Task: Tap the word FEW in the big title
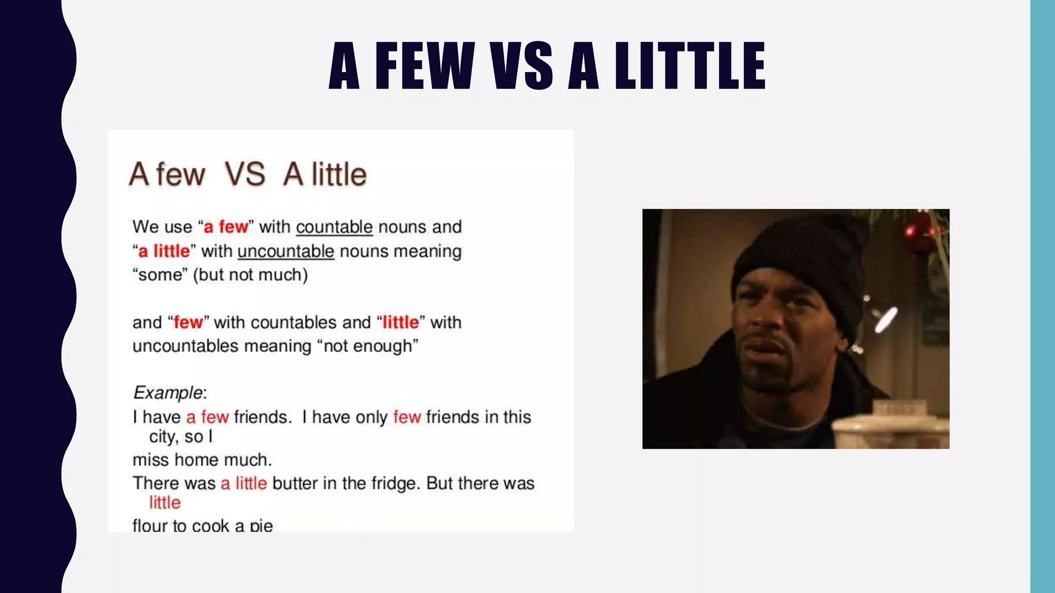tap(424, 66)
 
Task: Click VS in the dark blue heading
tap(521, 66)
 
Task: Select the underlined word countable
tap(334, 227)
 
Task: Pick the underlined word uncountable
tap(285, 251)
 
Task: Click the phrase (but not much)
tap(250, 275)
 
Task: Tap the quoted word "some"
tap(160, 275)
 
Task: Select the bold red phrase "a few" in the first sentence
tap(226, 227)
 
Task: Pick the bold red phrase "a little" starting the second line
tap(164, 251)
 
